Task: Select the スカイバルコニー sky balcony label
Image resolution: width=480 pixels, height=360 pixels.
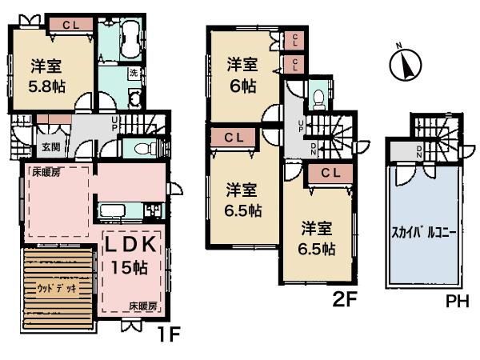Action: click(423, 234)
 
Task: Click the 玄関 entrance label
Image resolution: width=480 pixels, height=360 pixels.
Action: click(50, 147)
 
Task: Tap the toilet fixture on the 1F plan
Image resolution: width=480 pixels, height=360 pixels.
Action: click(142, 148)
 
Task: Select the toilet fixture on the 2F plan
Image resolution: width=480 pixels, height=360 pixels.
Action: click(318, 98)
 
